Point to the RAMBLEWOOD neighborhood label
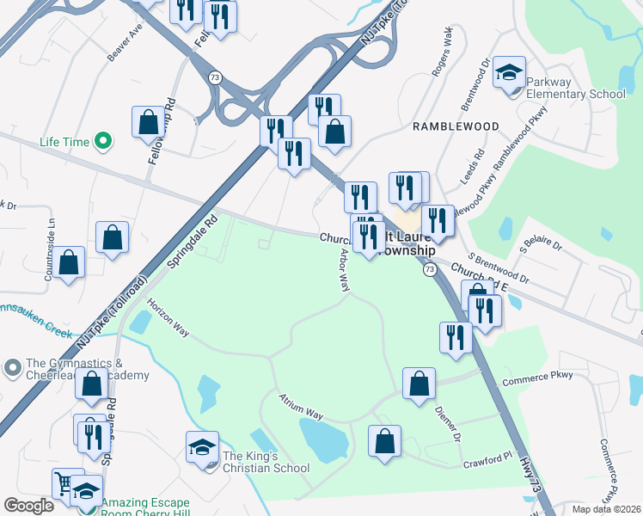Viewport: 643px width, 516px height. tap(456, 126)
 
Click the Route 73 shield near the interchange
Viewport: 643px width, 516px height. tap(216, 78)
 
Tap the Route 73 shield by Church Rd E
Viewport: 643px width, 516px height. tap(428, 270)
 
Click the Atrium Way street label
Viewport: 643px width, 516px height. tap(300, 407)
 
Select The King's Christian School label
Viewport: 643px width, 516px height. tap(266, 462)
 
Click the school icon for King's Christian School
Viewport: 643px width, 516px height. tap(202, 447)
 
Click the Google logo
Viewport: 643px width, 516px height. tap(29, 506)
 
